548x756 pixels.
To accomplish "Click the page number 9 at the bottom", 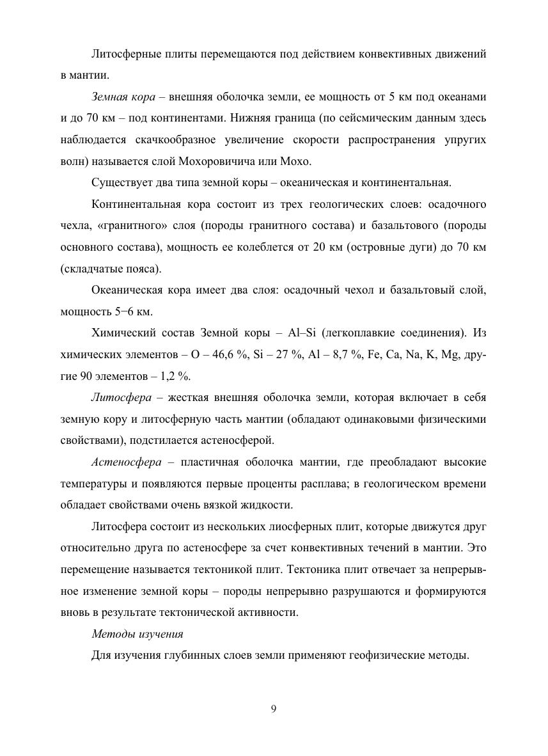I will coord(274,708).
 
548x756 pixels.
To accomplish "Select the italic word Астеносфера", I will coord(126,462).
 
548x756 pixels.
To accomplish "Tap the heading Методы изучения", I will coord(137,634).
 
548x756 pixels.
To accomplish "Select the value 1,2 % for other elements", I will coord(173,375).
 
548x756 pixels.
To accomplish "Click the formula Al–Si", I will coord(304,333).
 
